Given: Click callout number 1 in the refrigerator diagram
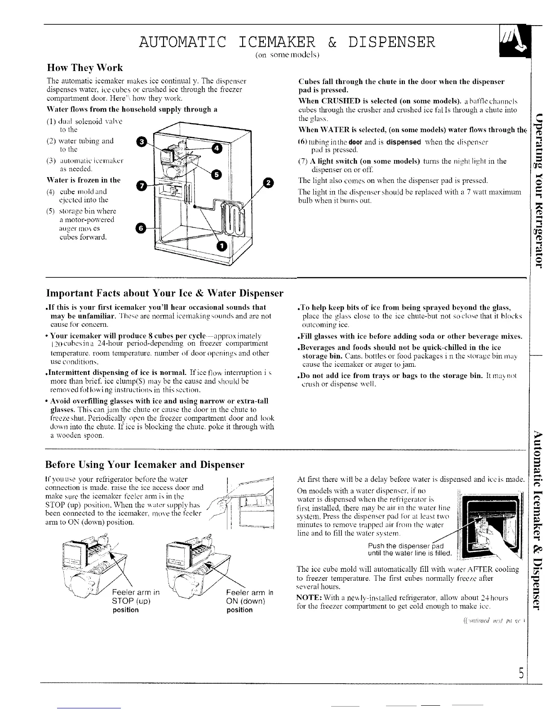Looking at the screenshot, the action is (221, 246).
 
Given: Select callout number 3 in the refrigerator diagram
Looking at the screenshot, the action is (142, 142).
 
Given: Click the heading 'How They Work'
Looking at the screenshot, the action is (85, 68).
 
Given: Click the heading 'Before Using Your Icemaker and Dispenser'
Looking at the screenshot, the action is (145, 464).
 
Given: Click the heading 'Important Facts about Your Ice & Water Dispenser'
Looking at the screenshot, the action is (164, 294).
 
